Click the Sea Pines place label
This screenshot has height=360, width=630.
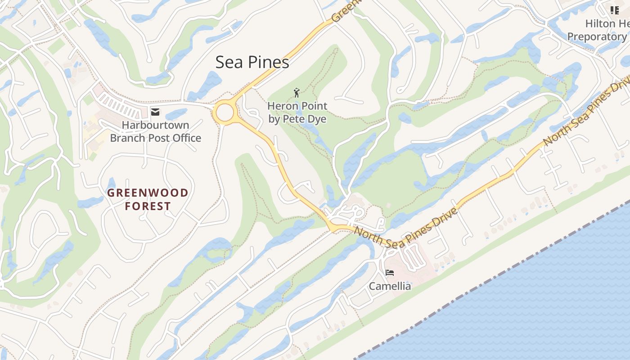tap(252, 62)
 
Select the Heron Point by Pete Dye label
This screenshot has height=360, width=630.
tap(297, 112)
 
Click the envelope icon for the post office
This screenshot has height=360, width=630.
tap(155, 112)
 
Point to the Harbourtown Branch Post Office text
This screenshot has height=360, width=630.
tap(155, 131)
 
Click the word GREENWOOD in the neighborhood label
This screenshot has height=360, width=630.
tap(148, 193)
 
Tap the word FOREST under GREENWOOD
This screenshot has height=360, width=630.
tap(148, 207)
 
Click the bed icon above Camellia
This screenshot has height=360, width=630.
tap(390, 273)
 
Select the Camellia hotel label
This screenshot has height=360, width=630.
tap(390, 286)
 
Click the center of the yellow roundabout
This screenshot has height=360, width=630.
tap(225, 112)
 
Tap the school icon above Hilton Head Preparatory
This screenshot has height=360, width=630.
tap(614, 10)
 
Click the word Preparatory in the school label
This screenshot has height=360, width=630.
tap(597, 36)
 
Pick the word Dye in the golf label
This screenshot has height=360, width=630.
tap(317, 119)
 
